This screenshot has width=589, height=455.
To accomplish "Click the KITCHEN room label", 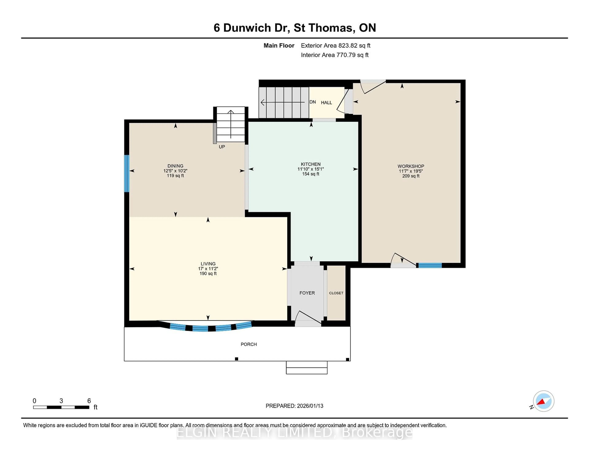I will (311, 164).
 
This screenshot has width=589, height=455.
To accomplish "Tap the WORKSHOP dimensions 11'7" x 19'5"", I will (411, 171).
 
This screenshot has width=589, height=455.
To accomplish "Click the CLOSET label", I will (336, 293).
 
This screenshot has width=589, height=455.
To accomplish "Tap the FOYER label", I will (307, 293).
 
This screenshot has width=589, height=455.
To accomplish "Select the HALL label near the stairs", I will (326, 103).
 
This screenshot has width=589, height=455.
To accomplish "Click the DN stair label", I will (313, 102).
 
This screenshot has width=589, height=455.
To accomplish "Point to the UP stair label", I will (222, 147).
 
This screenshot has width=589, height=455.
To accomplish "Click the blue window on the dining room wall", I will (127, 173).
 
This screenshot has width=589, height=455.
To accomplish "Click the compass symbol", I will (543, 401).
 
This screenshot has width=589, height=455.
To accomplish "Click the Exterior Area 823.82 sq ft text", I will (335, 46).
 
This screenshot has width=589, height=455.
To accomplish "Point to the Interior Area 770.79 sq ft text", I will (334, 55).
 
